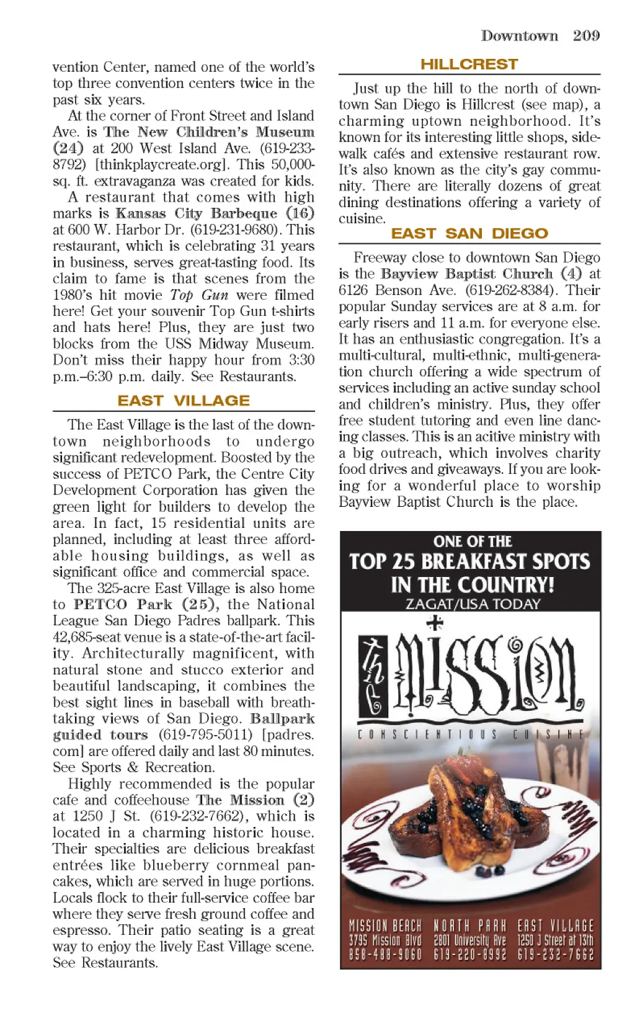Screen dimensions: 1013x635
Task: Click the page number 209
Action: (x=586, y=35)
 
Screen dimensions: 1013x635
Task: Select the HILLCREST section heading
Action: (x=469, y=65)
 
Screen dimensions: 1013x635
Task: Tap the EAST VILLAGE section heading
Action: (x=184, y=401)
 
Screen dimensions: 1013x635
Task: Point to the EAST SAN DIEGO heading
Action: (x=469, y=233)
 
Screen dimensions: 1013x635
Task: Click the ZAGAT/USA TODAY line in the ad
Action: (x=473, y=604)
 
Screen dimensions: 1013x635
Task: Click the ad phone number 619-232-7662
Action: (x=555, y=955)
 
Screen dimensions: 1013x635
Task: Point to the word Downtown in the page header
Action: (x=520, y=35)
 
